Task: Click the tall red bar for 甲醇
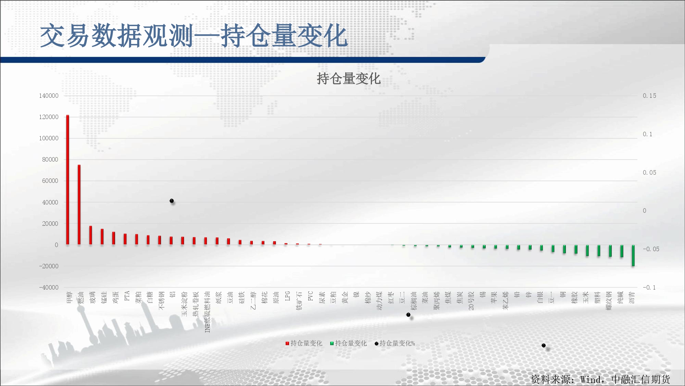point(68,180)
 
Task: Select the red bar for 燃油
point(79,205)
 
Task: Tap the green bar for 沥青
point(633,256)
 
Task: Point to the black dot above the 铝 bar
point(172,201)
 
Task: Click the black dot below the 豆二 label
point(408,315)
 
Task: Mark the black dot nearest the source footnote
point(544,346)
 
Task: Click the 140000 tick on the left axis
point(49,96)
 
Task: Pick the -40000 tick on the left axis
point(49,288)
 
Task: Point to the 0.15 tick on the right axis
point(649,96)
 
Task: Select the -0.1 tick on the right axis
point(649,288)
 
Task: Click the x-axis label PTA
point(127,296)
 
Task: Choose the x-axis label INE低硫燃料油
point(207,312)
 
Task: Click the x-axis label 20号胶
point(471,301)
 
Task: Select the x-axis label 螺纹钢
point(609,301)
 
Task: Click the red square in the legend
point(287,343)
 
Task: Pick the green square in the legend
point(332,343)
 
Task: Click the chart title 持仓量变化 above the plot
point(349,79)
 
